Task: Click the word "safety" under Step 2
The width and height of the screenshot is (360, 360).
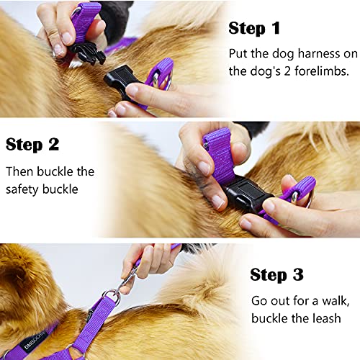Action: point(26,189)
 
